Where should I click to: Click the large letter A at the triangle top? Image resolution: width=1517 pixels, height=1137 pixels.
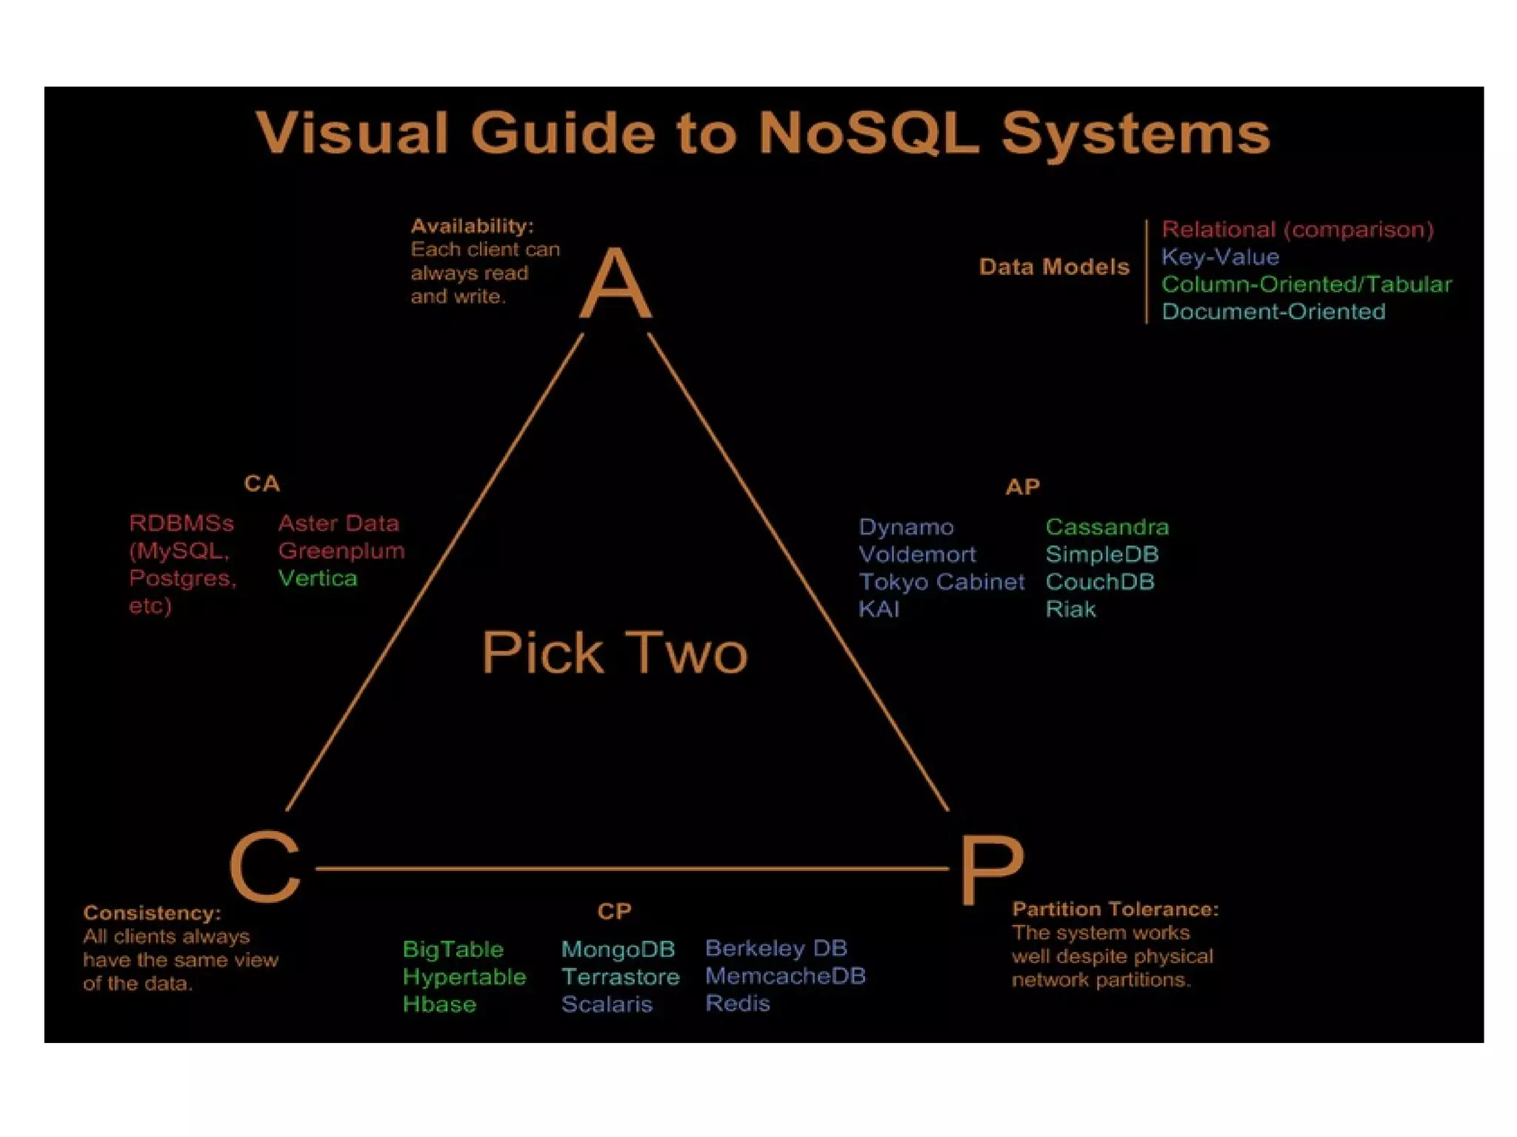616,283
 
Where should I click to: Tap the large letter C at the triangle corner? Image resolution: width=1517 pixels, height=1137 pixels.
265,867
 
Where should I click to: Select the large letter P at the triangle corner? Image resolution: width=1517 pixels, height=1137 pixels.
991,870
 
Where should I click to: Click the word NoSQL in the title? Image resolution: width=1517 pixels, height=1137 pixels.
868,133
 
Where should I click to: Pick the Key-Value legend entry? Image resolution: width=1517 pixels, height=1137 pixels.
1220,257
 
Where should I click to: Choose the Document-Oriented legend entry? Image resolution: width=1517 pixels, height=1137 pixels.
1273,312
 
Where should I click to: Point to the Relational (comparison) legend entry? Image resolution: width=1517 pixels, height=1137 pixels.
1297,230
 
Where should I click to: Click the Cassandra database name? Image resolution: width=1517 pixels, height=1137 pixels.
1107,527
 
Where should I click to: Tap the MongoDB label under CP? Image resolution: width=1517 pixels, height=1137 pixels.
618,950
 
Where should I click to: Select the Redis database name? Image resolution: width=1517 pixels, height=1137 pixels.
737,1004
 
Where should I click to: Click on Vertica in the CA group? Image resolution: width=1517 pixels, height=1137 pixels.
317,578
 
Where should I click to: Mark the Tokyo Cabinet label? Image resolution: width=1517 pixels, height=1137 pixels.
941,582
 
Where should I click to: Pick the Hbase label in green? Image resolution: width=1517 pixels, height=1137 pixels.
439,1004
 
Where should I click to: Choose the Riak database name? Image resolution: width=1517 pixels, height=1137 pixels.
1070,610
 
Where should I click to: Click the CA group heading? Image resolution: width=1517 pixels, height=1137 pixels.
261,484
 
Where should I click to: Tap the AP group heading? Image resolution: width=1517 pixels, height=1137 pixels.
1022,487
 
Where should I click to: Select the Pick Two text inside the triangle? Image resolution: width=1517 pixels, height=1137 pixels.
614,653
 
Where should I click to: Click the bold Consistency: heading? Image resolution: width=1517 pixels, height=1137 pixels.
152,913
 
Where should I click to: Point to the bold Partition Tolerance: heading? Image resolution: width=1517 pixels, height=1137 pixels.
1115,909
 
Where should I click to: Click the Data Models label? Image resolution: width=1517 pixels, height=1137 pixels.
1054,267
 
